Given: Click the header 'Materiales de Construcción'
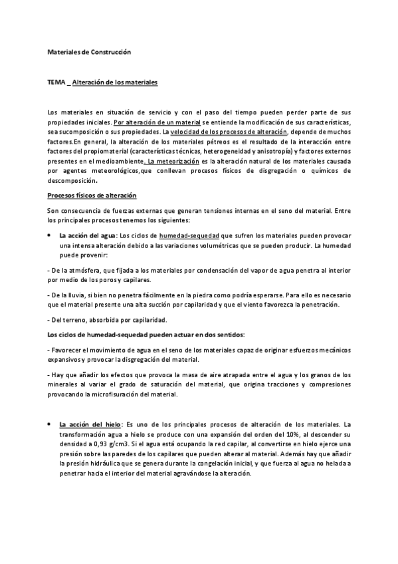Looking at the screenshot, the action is click(90, 51).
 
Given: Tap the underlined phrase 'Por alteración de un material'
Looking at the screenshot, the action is click(152, 123).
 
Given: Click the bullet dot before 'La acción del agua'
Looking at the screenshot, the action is click(50, 236).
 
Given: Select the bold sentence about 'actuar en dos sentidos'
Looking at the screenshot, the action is click(146, 333).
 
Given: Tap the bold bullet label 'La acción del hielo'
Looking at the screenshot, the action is click(88, 424).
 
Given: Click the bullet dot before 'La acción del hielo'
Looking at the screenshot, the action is click(50, 424).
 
